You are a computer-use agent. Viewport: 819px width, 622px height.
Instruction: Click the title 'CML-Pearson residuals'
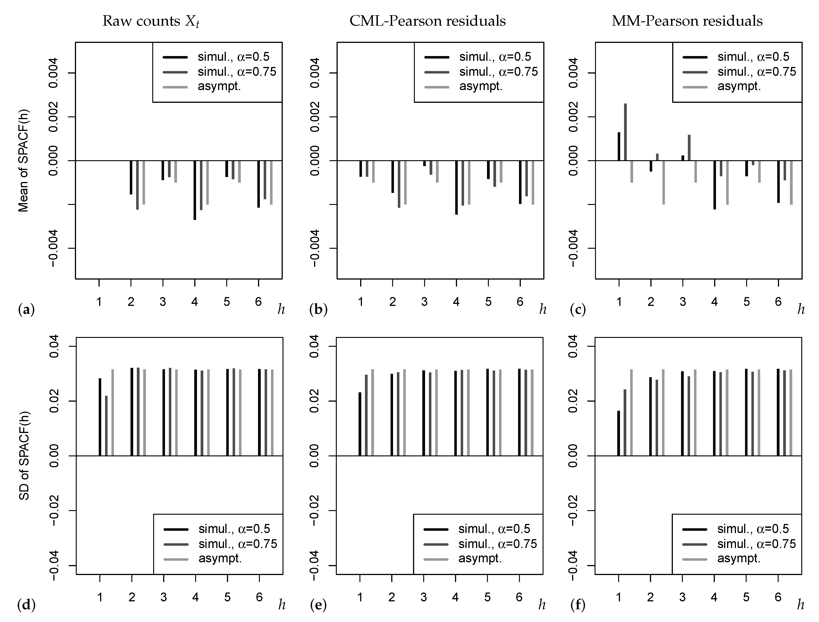pyautogui.click(x=427, y=21)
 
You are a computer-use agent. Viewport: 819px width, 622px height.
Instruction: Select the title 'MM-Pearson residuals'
pyautogui.click(x=687, y=21)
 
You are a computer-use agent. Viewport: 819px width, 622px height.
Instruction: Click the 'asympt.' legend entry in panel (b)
pyautogui.click(x=481, y=86)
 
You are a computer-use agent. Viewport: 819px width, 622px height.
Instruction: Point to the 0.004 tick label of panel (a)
pyautogui.click(x=54, y=73)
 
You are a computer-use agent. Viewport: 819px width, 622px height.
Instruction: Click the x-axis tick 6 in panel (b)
pyautogui.click(x=520, y=302)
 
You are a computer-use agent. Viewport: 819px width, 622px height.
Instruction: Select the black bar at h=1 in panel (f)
pyautogui.click(x=618, y=433)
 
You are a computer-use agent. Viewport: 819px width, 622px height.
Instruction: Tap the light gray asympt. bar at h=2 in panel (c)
pyautogui.click(x=664, y=182)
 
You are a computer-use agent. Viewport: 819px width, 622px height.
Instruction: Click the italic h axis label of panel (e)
pyautogui.click(x=542, y=605)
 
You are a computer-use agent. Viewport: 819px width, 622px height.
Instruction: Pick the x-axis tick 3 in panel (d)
pyautogui.click(x=163, y=597)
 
